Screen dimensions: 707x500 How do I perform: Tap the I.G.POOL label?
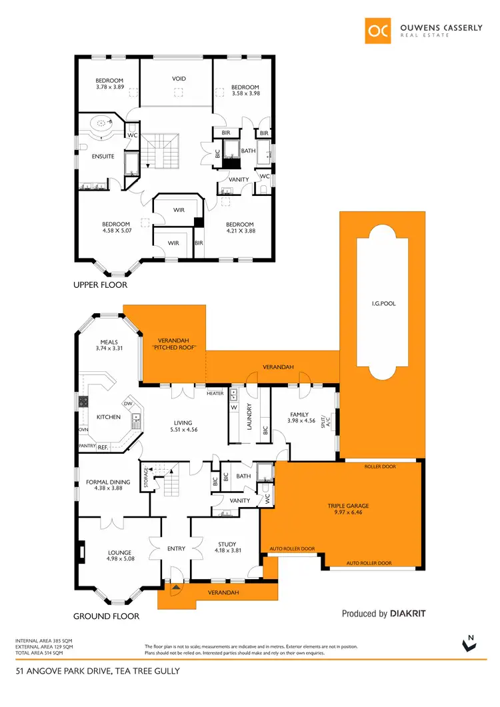(x=384, y=303)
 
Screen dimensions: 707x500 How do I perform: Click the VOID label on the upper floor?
(x=179, y=79)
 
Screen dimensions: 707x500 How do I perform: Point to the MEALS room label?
(x=109, y=343)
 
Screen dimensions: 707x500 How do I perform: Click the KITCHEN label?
(x=109, y=417)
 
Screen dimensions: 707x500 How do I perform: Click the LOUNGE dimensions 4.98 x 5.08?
(x=120, y=559)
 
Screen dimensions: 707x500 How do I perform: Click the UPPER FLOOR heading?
(x=100, y=285)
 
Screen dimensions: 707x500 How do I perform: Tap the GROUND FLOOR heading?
(x=106, y=616)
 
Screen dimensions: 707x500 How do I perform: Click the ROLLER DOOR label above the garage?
(x=380, y=466)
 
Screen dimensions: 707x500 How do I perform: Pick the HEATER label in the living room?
(x=215, y=393)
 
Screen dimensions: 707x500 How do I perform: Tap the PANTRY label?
(x=87, y=446)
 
